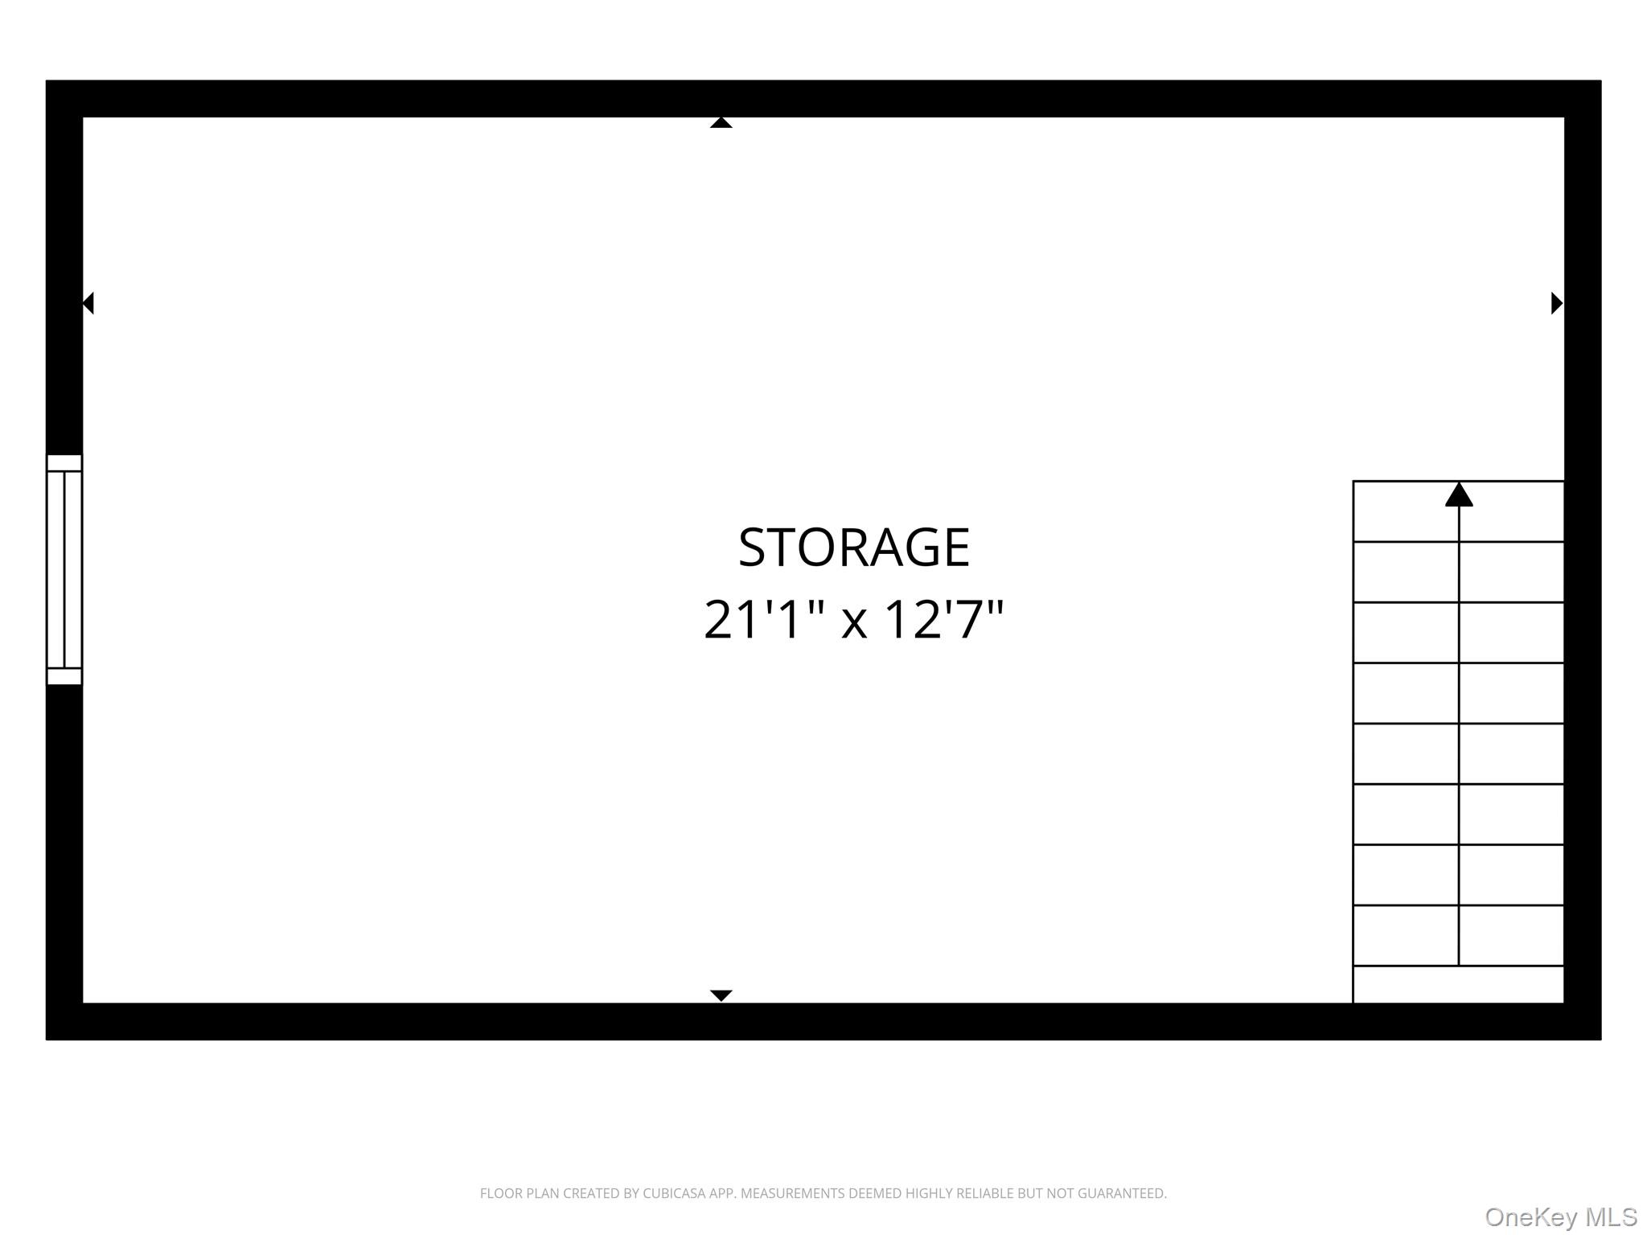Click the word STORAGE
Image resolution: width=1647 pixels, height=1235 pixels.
click(x=854, y=548)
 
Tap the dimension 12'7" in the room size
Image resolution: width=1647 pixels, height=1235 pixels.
click(x=944, y=621)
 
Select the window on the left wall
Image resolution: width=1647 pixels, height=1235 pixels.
click(x=64, y=569)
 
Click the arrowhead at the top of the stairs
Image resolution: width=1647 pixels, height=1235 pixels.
click(x=1459, y=494)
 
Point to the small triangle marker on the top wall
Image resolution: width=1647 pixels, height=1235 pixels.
click(x=721, y=122)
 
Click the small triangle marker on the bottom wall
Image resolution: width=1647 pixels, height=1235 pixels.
click(x=721, y=995)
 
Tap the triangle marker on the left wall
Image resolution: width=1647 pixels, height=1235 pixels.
click(x=88, y=303)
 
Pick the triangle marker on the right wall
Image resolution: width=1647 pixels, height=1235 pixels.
click(x=1556, y=303)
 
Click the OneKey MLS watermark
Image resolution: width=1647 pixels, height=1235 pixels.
click(x=1560, y=1217)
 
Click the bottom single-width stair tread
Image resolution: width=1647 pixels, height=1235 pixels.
click(x=1458, y=984)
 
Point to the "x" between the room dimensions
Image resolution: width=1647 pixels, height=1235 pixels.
click(x=854, y=622)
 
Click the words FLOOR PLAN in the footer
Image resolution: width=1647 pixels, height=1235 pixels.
click(x=520, y=1193)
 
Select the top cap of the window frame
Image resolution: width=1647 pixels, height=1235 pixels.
click(x=64, y=462)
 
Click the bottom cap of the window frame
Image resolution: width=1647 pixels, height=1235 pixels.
click(x=64, y=676)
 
